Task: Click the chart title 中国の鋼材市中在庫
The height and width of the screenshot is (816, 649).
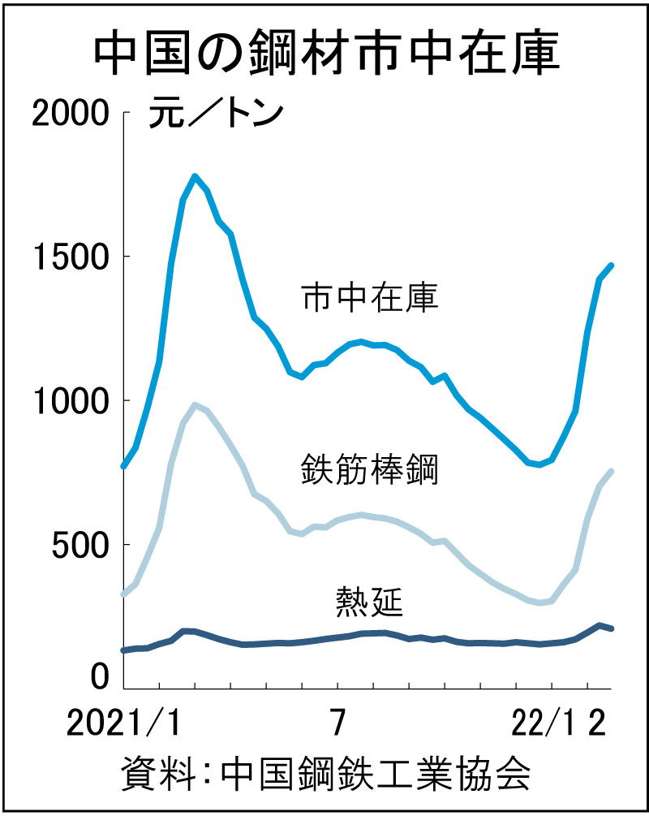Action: coord(324,54)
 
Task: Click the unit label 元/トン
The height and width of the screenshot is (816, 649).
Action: coord(215,114)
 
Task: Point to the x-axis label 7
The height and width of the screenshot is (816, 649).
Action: coord(337,722)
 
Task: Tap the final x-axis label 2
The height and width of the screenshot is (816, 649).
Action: coord(597,722)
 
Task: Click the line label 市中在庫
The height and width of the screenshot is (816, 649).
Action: coord(370,298)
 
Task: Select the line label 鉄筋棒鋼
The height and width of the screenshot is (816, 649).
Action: coord(370,470)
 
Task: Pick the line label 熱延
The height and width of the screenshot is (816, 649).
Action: coord(370,602)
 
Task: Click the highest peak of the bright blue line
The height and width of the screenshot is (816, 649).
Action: coord(196,176)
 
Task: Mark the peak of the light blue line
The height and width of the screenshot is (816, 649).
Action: coord(196,404)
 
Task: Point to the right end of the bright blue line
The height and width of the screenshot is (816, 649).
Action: coord(611,266)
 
